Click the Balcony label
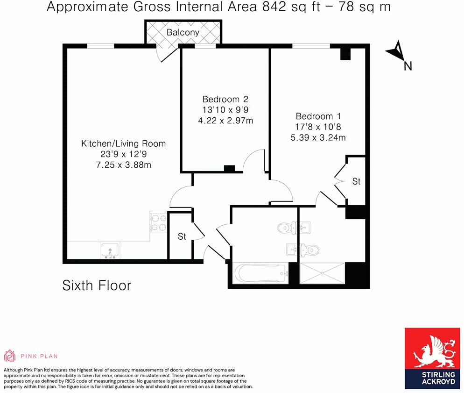coord(183,32)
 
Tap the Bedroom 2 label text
coord(225,99)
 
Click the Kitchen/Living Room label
coord(123,143)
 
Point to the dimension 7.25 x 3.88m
coord(123,165)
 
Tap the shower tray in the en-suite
coord(322,273)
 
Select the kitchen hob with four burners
coord(159,222)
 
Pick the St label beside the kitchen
coord(182,237)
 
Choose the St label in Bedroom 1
coord(356,181)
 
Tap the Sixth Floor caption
coord(97,286)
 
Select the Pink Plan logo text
coord(39,356)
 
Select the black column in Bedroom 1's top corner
coord(345,53)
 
